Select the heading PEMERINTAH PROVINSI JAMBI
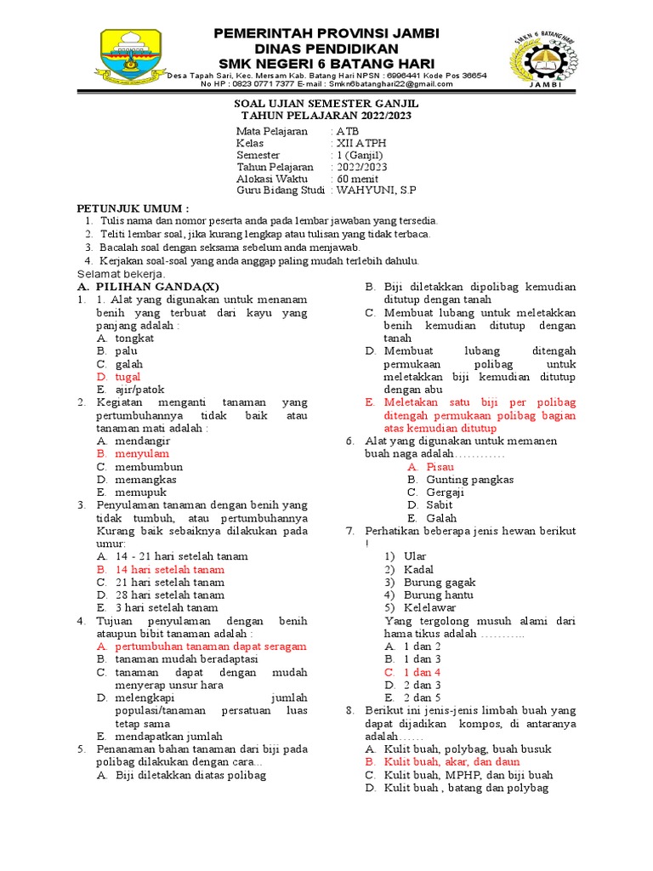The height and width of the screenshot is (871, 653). (x=326, y=33)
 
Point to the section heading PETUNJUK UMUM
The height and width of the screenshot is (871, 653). (x=133, y=208)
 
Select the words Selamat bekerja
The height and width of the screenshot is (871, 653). (x=122, y=275)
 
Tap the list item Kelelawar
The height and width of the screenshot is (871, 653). (x=430, y=607)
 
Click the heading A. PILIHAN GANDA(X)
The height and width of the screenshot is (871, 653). (x=148, y=287)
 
